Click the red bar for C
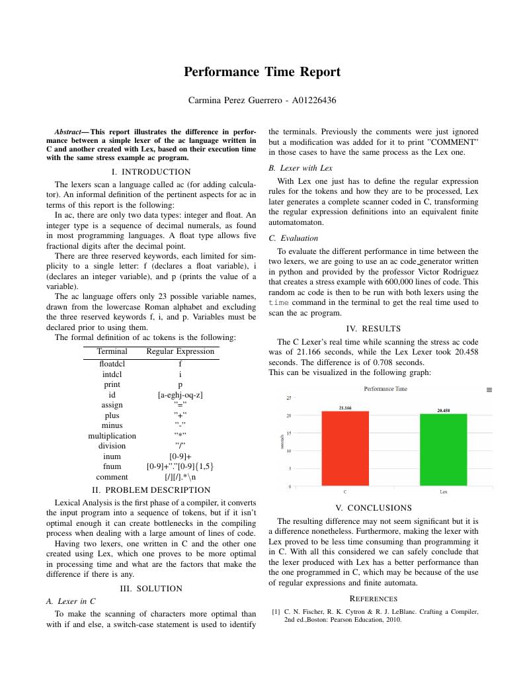tap(345, 448)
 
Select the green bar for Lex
tap(443, 450)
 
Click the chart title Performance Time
tap(385, 389)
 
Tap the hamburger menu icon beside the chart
tap(489, 390)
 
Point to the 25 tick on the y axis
tap(288, 398)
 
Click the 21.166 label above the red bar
tap(345, 408)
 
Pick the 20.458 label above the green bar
tap(443, 411)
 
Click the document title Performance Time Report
tap(262, 72)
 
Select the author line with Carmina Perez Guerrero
tap(262, 101)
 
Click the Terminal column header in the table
tap(112, 351)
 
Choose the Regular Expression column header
tap(180, 351)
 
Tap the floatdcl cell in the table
tap(112, 364)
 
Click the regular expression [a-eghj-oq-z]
tap(180, 395)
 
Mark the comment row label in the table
tap(112, 476)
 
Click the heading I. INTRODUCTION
tap(151, 171)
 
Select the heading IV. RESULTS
tap(373, 328)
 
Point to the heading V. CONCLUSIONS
tap(373, 508)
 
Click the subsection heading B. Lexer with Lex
tap(300, 168)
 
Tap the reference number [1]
tap(276, 612)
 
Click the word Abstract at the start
tap(67, 132)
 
